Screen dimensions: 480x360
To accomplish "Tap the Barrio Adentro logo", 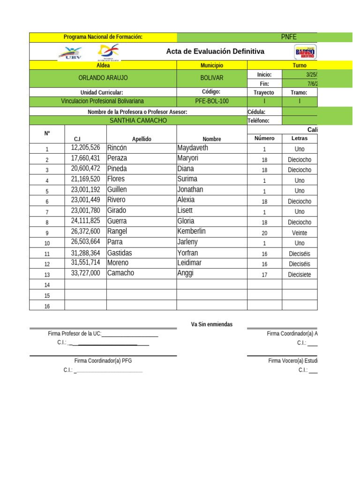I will point(305,52).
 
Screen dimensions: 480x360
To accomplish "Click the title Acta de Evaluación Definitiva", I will point(215,52).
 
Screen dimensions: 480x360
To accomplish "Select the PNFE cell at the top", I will point(288,37).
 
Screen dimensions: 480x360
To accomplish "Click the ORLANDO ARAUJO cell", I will point(103,78).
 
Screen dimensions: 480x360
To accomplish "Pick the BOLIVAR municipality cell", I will point(212,78).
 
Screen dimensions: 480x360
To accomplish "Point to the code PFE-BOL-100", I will point(212,101).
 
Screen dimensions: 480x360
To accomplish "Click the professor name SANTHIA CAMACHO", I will point(138,120).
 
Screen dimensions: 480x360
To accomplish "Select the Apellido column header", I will point(142,139).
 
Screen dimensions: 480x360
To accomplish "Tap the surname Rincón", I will point(117,148).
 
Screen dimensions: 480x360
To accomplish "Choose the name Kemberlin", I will point(191,232).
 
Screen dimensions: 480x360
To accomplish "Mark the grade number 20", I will point(264,233).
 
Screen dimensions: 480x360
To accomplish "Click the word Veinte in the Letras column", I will point(300,233).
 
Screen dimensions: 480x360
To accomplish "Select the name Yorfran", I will point(188,253).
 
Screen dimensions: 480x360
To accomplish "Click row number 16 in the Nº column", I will point(47,306).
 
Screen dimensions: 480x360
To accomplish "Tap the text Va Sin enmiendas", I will point(211,324).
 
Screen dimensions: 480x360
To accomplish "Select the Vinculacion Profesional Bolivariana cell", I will point(103,101).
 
